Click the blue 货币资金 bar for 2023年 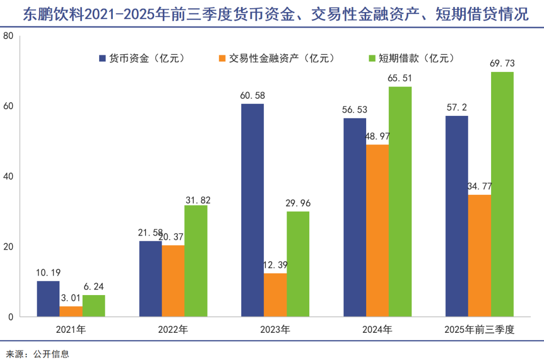tap(252, 210)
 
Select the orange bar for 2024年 tap(377, 231)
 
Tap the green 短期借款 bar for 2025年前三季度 tap(502, 194)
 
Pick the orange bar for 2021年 tap(71, 311)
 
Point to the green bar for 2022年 tap(196, 261)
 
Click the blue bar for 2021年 tap(48, 299)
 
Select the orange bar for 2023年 tap(275, 295)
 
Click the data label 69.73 tap(502, 63)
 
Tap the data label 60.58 tap(252, 95)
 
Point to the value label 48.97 tap(377, 136)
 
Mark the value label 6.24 tap(94, 286)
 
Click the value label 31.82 tap(196, 200)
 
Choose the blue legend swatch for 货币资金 tap(102, 58)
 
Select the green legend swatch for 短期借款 tap(372, 58)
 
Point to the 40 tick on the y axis tap(8, 177)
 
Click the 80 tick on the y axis tap(8, 36)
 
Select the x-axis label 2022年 tap(173, 330)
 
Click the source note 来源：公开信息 tap(37, 353)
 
